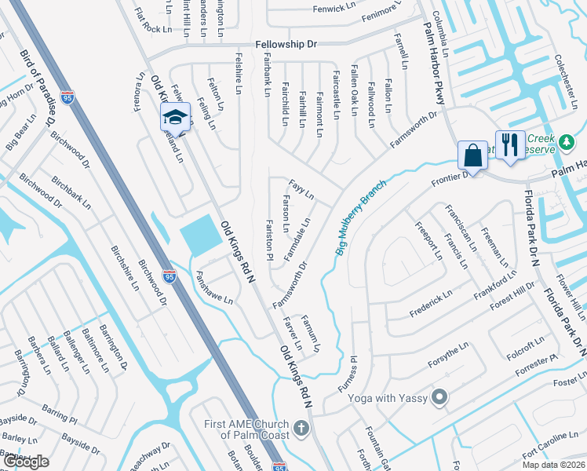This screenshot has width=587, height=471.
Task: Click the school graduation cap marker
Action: point(176,119)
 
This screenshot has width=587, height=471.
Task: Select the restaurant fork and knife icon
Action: point(510,145)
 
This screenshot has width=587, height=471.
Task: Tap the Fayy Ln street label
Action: point(301,189)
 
